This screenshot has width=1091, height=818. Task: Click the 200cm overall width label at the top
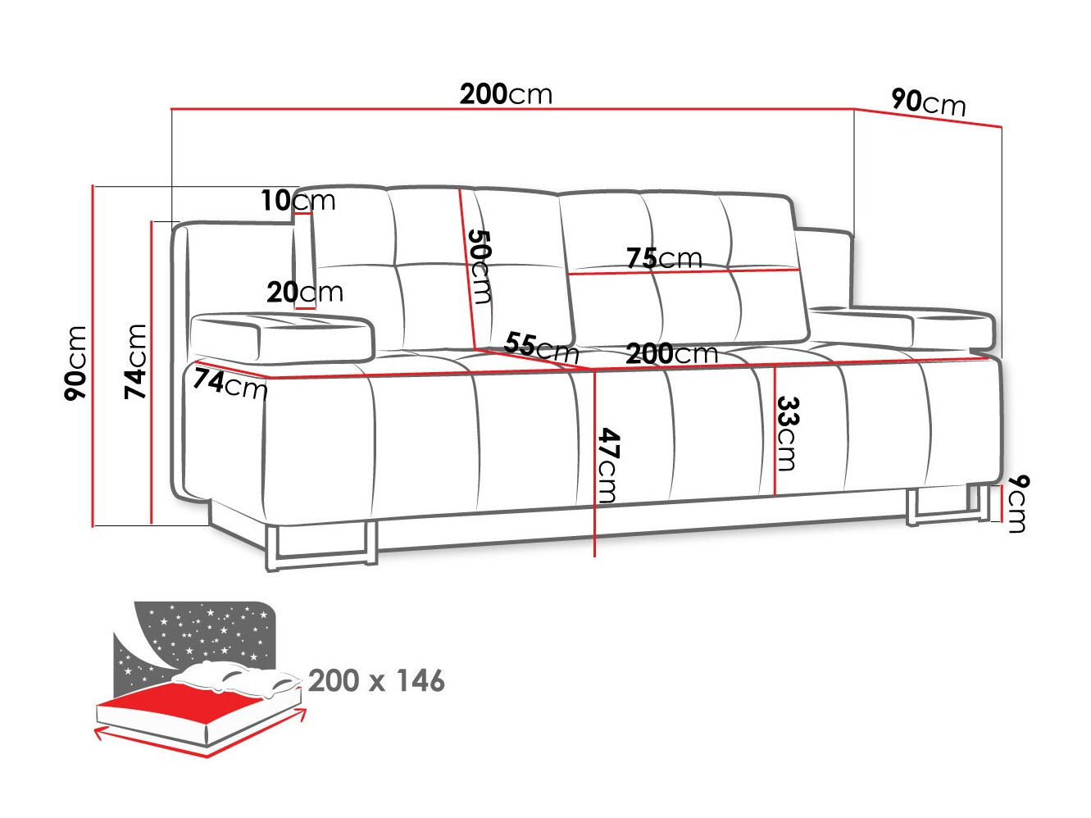click(x=506, y=94)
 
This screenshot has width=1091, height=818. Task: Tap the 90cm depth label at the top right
click(x=928, y=102)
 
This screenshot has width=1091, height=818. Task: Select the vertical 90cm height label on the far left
click(x=75, y=362)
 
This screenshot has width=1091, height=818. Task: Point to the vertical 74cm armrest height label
click(x=135, y=361)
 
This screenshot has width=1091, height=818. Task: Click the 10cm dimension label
click(x=298, y=200)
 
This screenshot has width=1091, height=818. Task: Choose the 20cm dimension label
click(x=304, y=292)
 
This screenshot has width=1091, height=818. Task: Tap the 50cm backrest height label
click(x=479, y=266)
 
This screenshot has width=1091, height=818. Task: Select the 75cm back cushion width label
click(x=664, y=258)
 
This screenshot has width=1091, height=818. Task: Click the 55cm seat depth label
click(x=541, y=347)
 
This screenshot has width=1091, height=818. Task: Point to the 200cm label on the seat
click(x=671, y=354)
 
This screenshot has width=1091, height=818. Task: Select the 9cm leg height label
click(x=1016, y=502)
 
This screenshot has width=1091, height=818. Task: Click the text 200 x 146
click(x=376, y=680)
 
